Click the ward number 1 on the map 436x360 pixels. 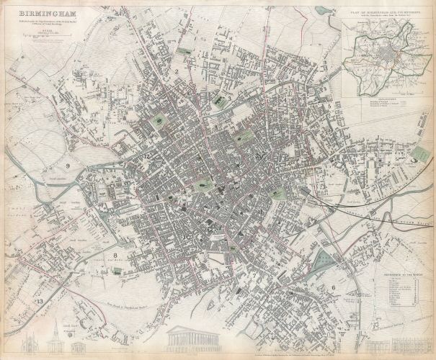coord(107,81)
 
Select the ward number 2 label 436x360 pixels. coord(176,72)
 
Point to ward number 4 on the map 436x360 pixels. coord(259,154)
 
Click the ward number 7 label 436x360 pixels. coord(254,275)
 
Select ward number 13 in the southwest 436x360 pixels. coord(40,301)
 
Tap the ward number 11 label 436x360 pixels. coord(259,212)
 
